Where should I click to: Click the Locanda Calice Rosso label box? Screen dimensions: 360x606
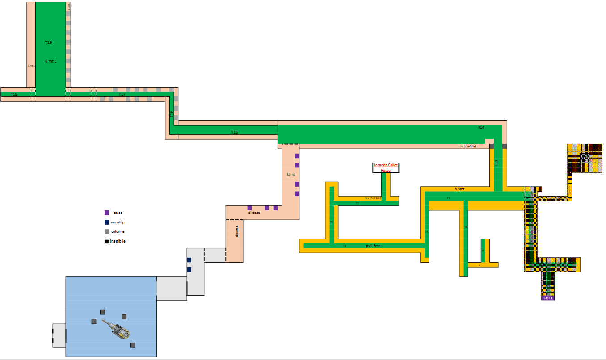pos(386,167)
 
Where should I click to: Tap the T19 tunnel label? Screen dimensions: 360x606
pos(49,42)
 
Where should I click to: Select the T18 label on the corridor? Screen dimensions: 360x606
pos(14,94)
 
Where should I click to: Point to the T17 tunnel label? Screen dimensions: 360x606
pos(122,94)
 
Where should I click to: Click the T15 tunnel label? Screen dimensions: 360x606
pos(235,132)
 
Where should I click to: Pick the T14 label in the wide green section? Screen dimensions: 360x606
pos(481,128)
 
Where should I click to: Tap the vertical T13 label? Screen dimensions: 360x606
pos(496,163)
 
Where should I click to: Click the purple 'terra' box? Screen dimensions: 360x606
pos(548,297)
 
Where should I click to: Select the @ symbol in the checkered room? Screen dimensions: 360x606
pos(585,158)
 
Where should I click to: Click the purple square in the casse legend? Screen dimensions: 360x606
pos(107,213)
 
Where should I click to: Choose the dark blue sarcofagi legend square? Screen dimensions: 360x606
pos(107,222)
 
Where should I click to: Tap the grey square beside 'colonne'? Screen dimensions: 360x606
pos(107,231)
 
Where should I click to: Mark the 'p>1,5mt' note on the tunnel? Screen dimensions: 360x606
pos(373,246)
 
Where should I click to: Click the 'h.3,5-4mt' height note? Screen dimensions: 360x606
pos(468,146)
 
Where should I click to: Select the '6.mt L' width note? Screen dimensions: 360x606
pos(50,61)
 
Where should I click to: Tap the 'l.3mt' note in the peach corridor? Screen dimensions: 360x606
pos(290,174)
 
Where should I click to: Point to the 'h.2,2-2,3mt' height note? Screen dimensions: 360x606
pos(373,198)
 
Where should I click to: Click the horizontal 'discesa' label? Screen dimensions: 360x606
pos(254,213)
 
